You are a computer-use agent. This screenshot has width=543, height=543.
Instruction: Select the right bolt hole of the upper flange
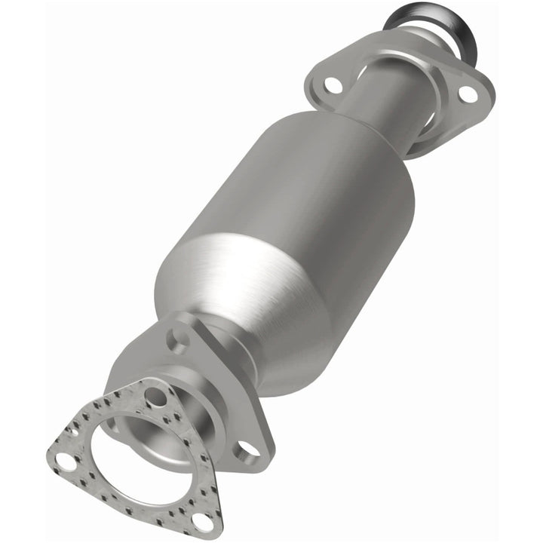click(x=468, y=94)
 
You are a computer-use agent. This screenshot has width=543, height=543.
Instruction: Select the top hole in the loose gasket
click(x=155, y=395)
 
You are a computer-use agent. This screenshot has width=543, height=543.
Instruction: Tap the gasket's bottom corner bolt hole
click(x=201, y=520)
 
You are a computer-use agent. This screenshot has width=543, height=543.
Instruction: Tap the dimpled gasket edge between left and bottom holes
click(x=128, y=498)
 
